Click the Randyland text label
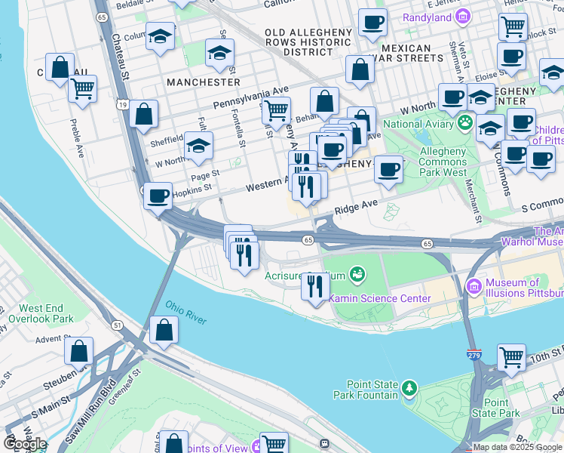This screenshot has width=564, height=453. pyautogui.click(x=425, y=17)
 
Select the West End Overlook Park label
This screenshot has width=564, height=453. pyautogui.click(x=46, y=313)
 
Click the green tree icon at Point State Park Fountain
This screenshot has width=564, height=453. pyautogui.click(x=409, y=389)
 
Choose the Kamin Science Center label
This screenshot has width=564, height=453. pyautogui.click(x=380, y=298)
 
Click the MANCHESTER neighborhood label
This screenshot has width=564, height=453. pyautogui.click(x=204, y=82)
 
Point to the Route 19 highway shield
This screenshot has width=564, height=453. pyautogui.click(x=122, y=106)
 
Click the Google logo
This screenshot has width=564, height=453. pyautogui.click(x=26, y=443)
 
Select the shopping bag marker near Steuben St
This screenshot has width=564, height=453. pyautogui.click(x=78, y=350)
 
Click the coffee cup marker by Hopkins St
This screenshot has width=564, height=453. pyautogui.click(x=158, y=196)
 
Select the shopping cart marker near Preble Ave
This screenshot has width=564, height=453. pyautogui.click(x=82, y=88)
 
